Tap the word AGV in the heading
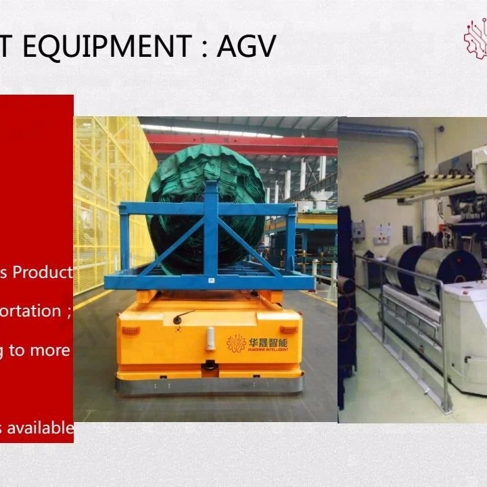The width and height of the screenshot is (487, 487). [246, 46]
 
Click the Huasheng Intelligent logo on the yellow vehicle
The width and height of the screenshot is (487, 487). [257, 344]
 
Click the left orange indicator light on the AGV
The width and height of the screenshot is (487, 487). [131, 331]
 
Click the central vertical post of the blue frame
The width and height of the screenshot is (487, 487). [211, 230]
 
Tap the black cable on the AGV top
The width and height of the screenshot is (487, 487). [183, 316]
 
